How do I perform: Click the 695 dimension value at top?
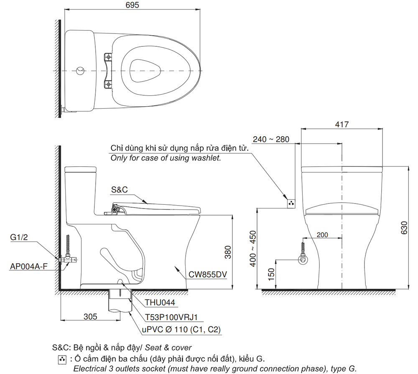click(x=132, y=5)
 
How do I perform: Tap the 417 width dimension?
click(x=342, y=125)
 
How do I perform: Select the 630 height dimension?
click(x=404, y=228)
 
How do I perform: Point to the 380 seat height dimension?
click(x=228, y=252)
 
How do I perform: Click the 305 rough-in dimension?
click(x=90, y=316)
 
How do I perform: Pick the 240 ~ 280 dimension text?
click(x=271, y=139)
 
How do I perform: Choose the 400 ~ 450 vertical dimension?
click(x=253, y=249)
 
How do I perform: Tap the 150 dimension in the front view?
click(x=271, y=274)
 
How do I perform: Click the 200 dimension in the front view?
click(x=322, y=235)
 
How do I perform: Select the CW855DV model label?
click(x=208, y=274)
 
